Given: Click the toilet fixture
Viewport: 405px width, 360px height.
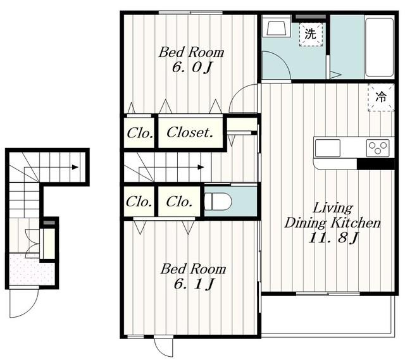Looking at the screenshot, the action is click(218, 201).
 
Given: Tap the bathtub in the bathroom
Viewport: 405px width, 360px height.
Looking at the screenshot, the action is click(380, 47).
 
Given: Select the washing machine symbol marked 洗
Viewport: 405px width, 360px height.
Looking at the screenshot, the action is click(311, 34).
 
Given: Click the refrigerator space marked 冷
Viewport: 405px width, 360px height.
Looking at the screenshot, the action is click(381, 97).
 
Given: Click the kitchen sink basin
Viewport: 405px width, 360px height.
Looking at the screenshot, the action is click(328, 148).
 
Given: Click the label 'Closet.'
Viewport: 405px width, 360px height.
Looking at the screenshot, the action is click(190, 132).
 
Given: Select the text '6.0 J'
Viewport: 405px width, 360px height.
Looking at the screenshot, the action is click(192, 68).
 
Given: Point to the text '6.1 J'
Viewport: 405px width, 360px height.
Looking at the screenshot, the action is click(194, 284).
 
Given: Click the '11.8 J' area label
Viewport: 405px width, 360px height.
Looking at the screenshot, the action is click(333, 238).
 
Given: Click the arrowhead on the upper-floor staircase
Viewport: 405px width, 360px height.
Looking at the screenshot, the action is click(201, 167).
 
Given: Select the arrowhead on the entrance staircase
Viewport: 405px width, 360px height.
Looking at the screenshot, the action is click(75, 167).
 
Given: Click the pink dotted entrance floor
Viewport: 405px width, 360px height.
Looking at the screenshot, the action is click(32, 270).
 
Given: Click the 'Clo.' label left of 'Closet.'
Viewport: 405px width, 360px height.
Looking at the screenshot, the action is click(140, 133).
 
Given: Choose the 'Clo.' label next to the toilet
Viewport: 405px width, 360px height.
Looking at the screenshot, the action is click(179, 202).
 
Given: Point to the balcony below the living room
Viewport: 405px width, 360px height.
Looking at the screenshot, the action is click(328, 315).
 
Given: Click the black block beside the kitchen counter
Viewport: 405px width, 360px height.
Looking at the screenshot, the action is click(375, 164).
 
